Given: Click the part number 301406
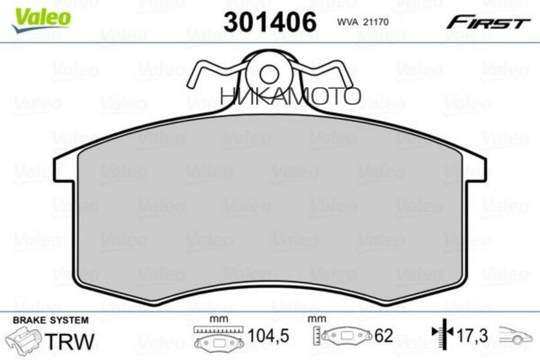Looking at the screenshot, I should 269,23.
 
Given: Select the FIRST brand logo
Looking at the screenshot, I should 487,23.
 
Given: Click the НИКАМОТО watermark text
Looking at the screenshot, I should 290,95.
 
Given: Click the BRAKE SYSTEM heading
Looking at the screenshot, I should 50,320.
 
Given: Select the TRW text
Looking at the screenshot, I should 71,341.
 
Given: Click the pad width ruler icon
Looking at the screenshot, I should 219,338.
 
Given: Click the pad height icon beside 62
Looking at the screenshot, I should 342,337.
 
